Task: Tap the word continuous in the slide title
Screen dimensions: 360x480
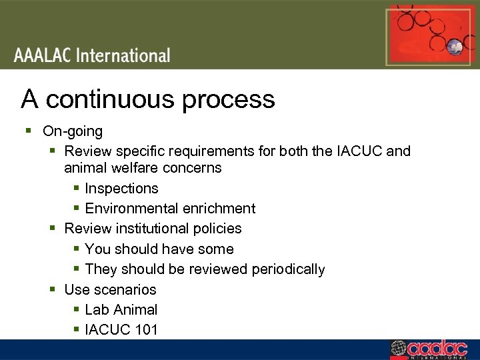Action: coord(111,99)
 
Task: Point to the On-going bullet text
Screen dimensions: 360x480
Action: coord(73,131)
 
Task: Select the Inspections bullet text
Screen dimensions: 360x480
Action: coord(121,189)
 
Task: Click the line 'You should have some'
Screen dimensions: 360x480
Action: coord(159,249)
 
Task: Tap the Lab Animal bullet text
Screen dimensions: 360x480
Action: coord(121,310)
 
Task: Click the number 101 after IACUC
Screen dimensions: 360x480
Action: coord(145,329)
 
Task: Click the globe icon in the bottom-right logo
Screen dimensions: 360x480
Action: coord(397,349)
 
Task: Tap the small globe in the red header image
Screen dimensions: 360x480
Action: coord(456,47)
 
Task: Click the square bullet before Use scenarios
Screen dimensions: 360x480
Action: coord(53,289)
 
